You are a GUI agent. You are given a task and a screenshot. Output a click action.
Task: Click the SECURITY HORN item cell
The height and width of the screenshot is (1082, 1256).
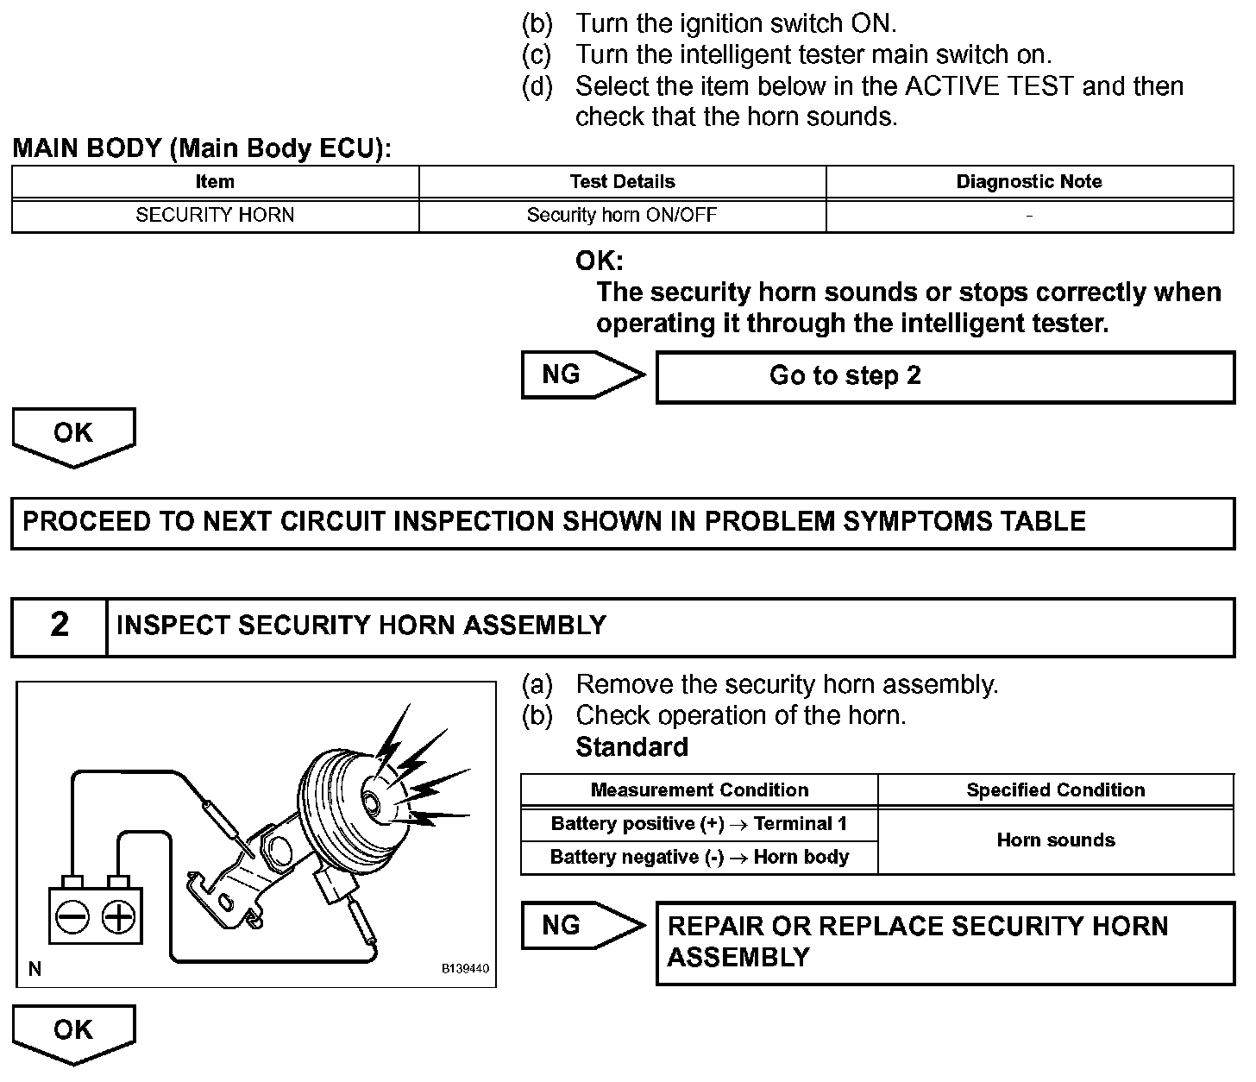point(215,215)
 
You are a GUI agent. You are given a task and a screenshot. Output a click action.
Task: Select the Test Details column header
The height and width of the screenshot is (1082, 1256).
point(622,182)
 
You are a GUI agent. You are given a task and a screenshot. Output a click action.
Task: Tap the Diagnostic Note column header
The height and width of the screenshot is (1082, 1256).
point(1029,182)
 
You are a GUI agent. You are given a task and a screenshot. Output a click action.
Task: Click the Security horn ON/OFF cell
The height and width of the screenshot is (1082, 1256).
point(622,215)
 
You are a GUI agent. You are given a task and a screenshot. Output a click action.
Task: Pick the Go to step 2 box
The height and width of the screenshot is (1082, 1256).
point(945,376)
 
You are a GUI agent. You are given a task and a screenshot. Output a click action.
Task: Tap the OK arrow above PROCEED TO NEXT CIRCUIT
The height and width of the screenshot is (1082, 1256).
point(73,435)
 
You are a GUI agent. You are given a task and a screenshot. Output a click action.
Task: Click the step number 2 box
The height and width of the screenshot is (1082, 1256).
point(59,626)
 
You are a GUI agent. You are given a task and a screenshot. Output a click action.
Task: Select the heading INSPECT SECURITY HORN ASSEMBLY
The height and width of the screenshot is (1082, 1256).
point(361,626)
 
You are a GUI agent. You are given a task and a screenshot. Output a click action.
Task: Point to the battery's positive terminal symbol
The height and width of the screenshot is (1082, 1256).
point(118,916)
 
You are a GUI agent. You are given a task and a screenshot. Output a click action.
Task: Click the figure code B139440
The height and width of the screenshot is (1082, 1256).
point(465,969)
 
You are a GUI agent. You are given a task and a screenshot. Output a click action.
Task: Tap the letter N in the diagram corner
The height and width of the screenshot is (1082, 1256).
point(35,969)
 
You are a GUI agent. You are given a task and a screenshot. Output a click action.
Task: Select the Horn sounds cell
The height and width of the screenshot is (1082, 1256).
point(1055,840)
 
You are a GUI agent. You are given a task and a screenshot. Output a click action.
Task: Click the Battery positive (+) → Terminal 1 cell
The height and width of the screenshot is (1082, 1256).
point(699,824)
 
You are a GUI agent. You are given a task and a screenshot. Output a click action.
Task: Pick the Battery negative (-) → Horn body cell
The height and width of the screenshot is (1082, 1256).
point(699,857)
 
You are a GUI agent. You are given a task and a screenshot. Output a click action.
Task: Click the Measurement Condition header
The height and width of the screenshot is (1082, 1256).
point(699,790)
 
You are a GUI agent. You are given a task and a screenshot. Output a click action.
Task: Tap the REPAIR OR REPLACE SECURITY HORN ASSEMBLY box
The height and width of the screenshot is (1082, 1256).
point(945,942)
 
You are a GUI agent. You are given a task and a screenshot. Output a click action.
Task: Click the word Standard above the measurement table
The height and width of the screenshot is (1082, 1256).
point(631,747)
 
